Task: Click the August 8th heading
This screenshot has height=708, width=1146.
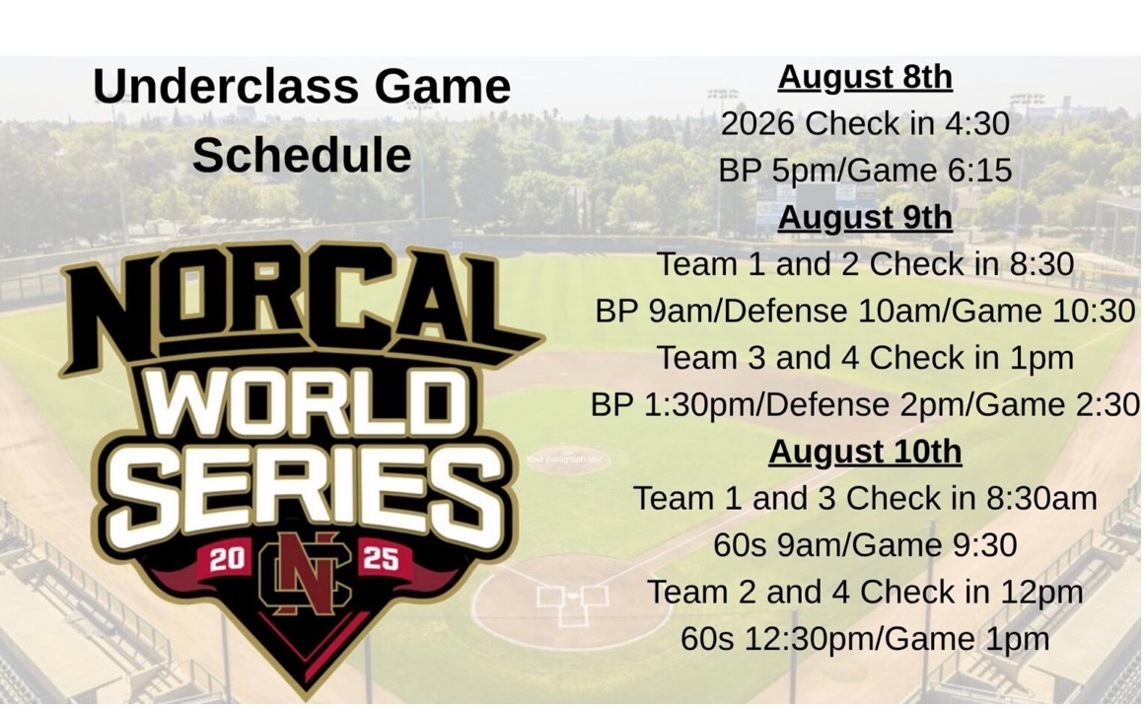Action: (865, 77)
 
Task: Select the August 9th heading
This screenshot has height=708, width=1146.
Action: (865, 217)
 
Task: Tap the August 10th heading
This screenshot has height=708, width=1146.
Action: (865, 452)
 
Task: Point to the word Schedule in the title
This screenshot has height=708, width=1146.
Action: (302, 155)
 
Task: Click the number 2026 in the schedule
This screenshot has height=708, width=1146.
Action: (757, 124)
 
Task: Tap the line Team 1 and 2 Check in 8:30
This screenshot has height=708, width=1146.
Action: (865, 264)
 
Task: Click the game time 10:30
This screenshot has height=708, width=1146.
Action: (1097, 312)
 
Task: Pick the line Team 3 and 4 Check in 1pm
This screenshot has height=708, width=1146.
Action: (865, 358)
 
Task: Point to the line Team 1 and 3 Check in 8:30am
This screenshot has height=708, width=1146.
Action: (865, 499)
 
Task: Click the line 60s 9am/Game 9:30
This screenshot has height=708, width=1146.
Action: (865, 545)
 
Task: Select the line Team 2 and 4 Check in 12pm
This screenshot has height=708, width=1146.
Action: (865, 593)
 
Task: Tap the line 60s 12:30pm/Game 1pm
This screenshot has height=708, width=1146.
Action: (865, 639)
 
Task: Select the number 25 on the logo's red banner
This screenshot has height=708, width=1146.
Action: (381, 560)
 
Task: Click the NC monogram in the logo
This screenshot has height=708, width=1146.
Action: (304, 573)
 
